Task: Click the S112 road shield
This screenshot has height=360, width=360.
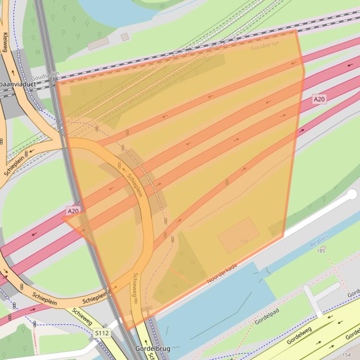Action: tap(102, 333)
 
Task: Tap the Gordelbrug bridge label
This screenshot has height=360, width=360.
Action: tap(153, 348)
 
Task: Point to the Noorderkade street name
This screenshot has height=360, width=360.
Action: tap(222, 274)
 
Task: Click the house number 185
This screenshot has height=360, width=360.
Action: tap(321, 251)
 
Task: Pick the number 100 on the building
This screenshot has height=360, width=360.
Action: tap(243, 241)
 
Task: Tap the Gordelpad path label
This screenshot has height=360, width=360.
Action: tap(266, 317)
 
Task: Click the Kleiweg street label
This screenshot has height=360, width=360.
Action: tap(6, 42)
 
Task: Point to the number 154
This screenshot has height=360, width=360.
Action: tap(346, 355)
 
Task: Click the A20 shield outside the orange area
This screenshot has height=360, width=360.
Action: tap(319, 99)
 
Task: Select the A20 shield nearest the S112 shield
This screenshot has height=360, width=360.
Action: tap(73, 211)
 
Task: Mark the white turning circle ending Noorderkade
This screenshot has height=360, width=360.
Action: tap(352, 195)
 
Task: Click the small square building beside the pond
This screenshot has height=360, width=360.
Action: tap(125, 36)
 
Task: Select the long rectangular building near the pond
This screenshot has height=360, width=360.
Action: tap(98, 43)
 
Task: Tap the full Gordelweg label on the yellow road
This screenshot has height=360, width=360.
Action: tap(299, 336)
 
